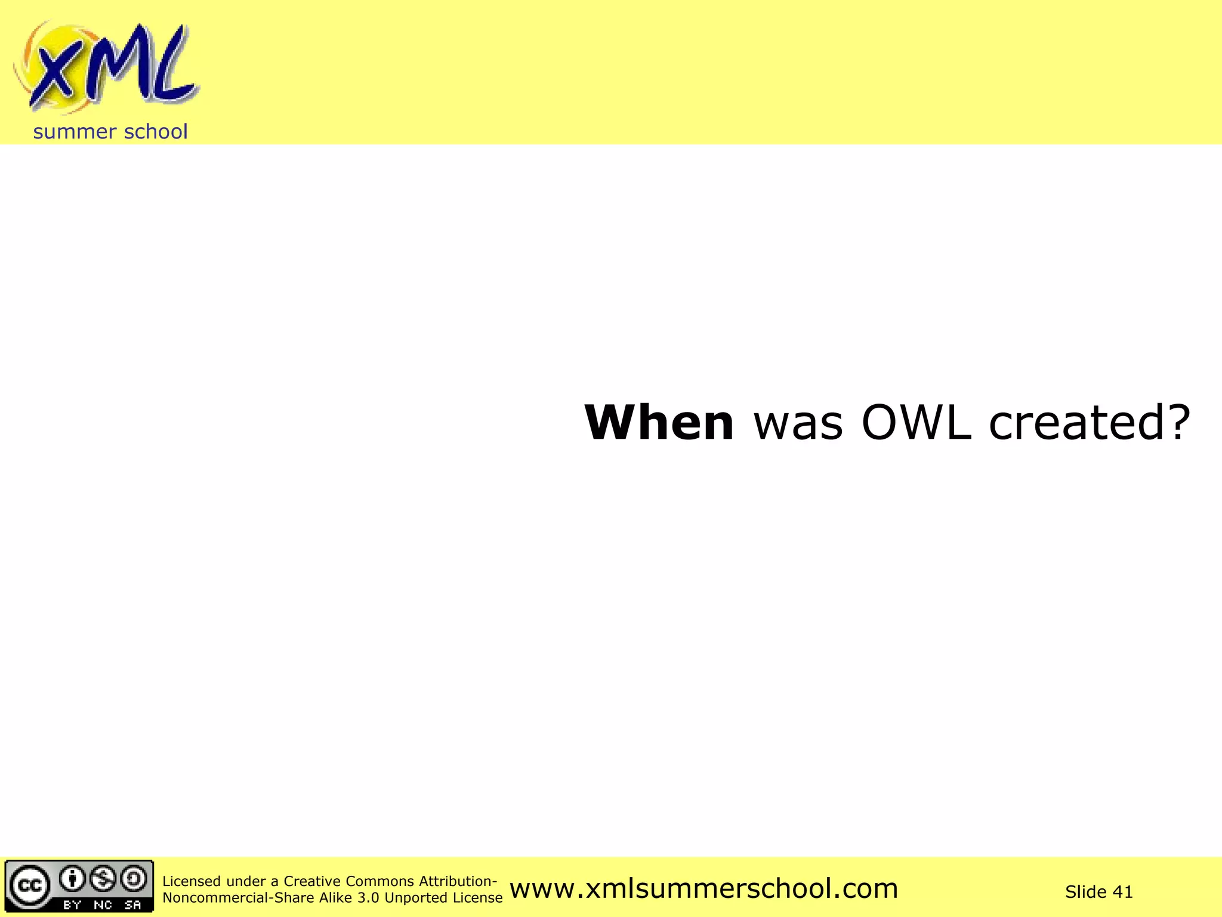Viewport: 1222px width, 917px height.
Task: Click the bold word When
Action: [659, 423]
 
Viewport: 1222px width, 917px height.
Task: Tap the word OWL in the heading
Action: [916, 423]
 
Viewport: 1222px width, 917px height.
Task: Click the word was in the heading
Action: [798, 424]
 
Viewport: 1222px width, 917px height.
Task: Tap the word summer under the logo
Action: [75, 132]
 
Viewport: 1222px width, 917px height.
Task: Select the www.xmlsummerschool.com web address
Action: [703, 888]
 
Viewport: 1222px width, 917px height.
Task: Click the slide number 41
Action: [1123, 892]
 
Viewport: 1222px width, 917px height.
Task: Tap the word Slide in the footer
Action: [1085, 892]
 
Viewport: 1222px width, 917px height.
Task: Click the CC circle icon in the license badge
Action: [29, 885]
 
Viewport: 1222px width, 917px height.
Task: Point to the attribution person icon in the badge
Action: [73, 878]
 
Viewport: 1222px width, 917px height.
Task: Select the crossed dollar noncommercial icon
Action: [104, 878]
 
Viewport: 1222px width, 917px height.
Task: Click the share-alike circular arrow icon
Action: [134, 878]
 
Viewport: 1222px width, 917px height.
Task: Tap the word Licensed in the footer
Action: [191, 881]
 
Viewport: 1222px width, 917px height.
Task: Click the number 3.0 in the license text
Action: [368, 898]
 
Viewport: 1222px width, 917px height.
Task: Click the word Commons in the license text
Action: [379, 881]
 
